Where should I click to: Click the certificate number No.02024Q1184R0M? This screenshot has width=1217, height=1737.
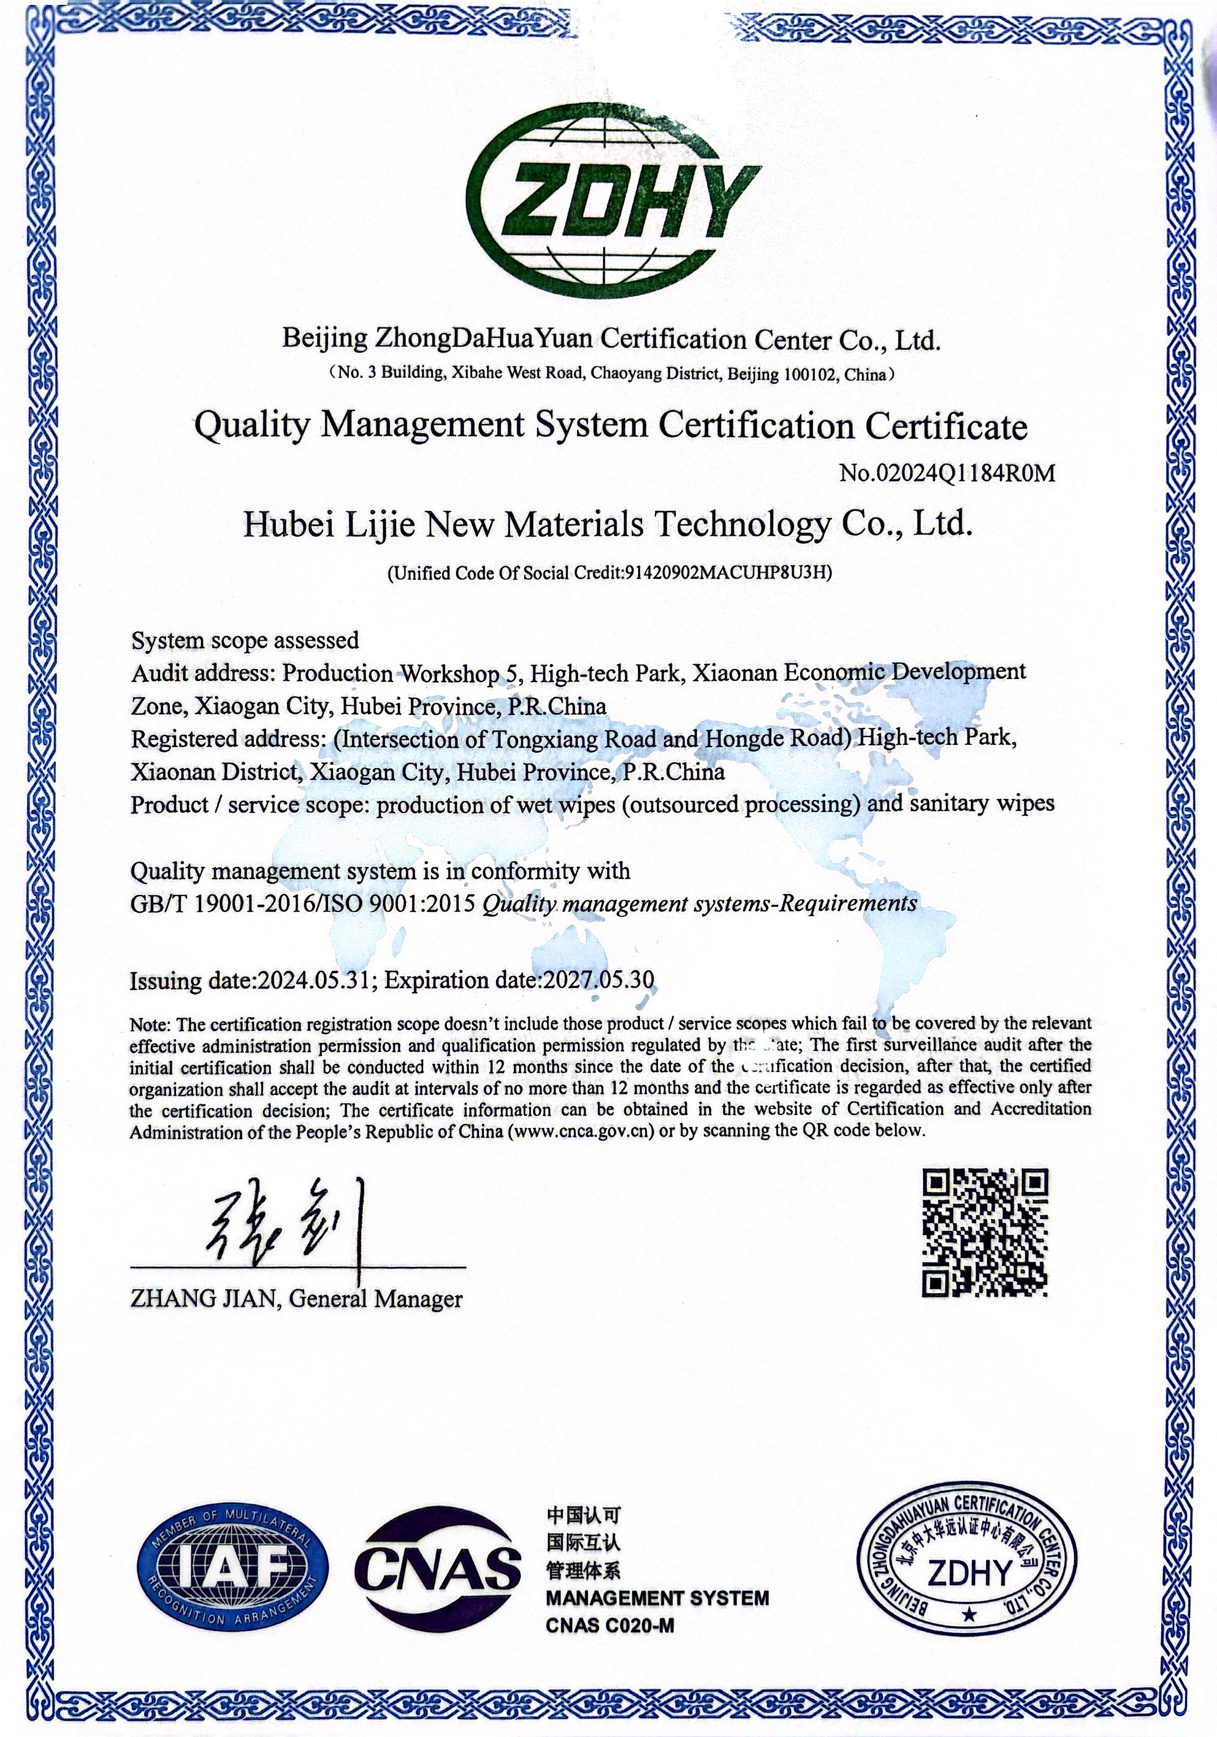click(x=946, y=474)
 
